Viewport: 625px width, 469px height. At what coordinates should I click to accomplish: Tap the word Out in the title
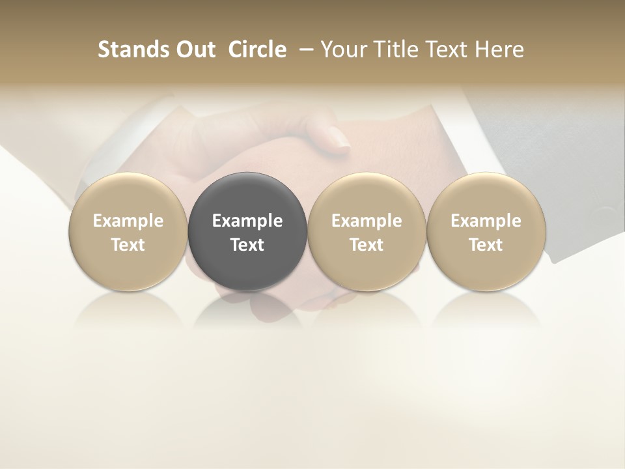(189, 50)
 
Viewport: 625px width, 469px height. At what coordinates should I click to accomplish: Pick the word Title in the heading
(396, 50)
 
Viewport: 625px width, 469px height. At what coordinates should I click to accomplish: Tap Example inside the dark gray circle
(247, 221)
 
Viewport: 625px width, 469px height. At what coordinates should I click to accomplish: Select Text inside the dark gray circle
(247, 245)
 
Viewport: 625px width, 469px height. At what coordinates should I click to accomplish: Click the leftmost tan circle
(128, 231)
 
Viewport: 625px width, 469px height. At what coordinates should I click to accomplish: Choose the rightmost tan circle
(486, 231)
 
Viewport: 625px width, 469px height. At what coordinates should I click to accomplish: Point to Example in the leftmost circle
(128, 221)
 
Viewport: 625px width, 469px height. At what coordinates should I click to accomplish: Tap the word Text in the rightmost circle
(486, 245)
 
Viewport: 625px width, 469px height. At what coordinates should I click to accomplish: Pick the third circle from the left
(367, 231)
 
